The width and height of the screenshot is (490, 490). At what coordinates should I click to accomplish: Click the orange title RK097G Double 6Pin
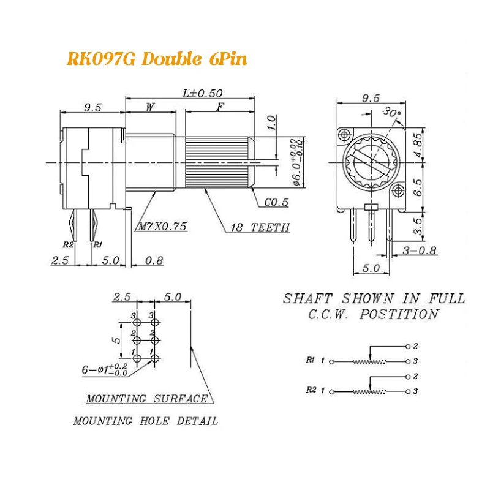(156, 61)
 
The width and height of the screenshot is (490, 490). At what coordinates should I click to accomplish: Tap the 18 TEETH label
(258, 227)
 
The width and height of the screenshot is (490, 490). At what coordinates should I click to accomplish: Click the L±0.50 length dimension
(203, 93)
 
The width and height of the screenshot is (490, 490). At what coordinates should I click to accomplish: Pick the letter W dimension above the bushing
(150, 107)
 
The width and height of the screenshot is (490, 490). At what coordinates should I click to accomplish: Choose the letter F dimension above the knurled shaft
(219, 107)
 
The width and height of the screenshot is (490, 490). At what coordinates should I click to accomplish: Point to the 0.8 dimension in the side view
(154, 260)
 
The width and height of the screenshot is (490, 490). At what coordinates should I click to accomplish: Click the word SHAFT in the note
(307, 299)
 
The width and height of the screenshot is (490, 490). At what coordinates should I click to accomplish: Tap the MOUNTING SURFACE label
(146, 399)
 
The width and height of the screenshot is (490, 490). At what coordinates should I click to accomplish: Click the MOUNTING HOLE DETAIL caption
(145, 421)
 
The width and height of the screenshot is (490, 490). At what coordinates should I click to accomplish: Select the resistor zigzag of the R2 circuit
(370, 391)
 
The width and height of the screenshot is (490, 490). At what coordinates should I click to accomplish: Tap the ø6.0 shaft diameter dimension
(296, 160)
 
